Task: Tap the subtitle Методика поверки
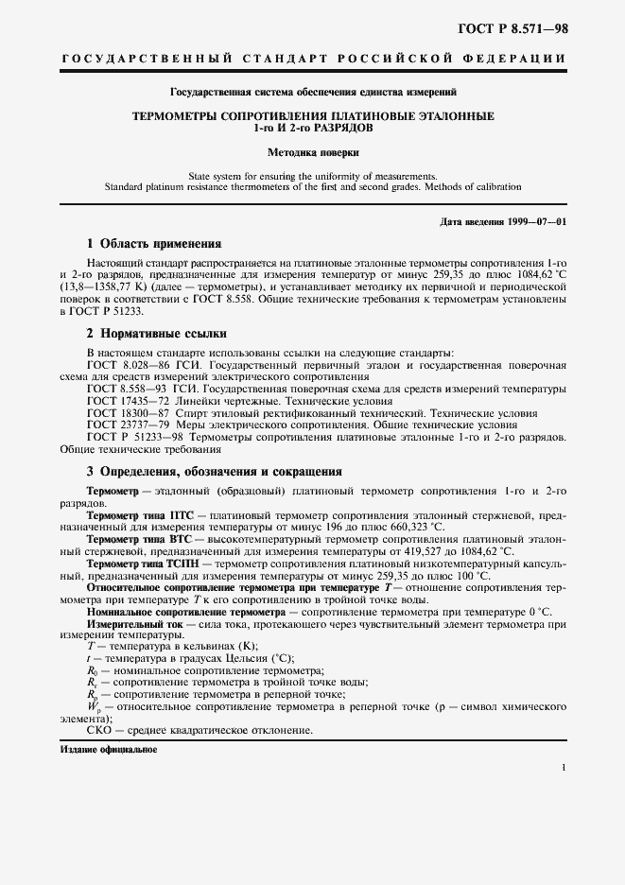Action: coord(312,151)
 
